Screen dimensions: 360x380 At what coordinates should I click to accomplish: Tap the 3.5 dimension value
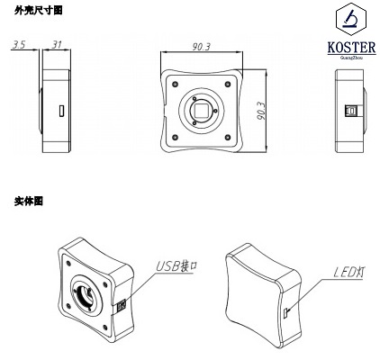click(17, 44)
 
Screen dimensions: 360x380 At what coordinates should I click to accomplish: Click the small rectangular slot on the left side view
click(60, 112)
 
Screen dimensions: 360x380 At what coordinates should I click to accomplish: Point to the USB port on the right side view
click(350, 112)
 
